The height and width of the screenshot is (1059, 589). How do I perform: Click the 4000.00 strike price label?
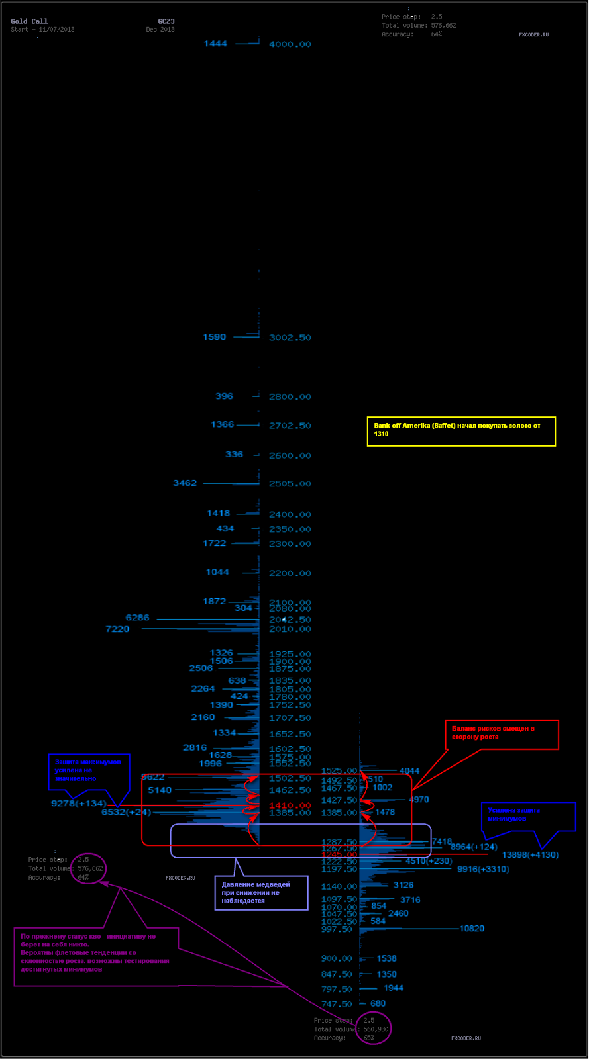[x=290, y=44]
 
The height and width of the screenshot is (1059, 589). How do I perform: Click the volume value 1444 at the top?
[x=215, y=44]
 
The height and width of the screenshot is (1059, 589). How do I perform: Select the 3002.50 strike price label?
[x=290, y=338]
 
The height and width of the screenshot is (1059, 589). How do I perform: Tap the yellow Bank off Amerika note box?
[x=461, y=431]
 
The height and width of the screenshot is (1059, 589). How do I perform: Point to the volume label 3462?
[x=185, y=483]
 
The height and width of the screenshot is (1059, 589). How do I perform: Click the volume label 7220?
[x=117, y=629]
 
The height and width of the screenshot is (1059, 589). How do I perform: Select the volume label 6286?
[x=137, y=618]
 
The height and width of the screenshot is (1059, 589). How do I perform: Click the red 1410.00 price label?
[x=290, y=806]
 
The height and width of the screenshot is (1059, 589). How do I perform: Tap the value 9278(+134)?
[x=78, y=804]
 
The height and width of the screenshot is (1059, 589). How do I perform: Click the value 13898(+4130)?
[x=530, y=855]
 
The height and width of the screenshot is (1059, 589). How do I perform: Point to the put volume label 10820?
[x=472, y=929]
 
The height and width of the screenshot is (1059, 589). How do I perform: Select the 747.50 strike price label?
[x=337, y=1004]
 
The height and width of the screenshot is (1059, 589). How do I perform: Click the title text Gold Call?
[x=29, y=21]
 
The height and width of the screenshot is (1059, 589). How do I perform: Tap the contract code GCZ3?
[x=166, y=21]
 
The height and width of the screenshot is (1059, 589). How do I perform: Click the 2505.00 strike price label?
[x=290, y=484]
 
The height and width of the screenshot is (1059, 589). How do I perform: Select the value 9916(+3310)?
[x=483, y=869]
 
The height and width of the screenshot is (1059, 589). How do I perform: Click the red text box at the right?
[x=502, y=735]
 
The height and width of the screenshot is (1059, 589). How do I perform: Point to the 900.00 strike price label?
[x=337, y=958]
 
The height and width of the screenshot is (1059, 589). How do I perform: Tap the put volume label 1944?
[x=394, y=988]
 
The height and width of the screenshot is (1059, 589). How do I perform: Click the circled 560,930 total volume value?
[x=376, y=1029]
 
